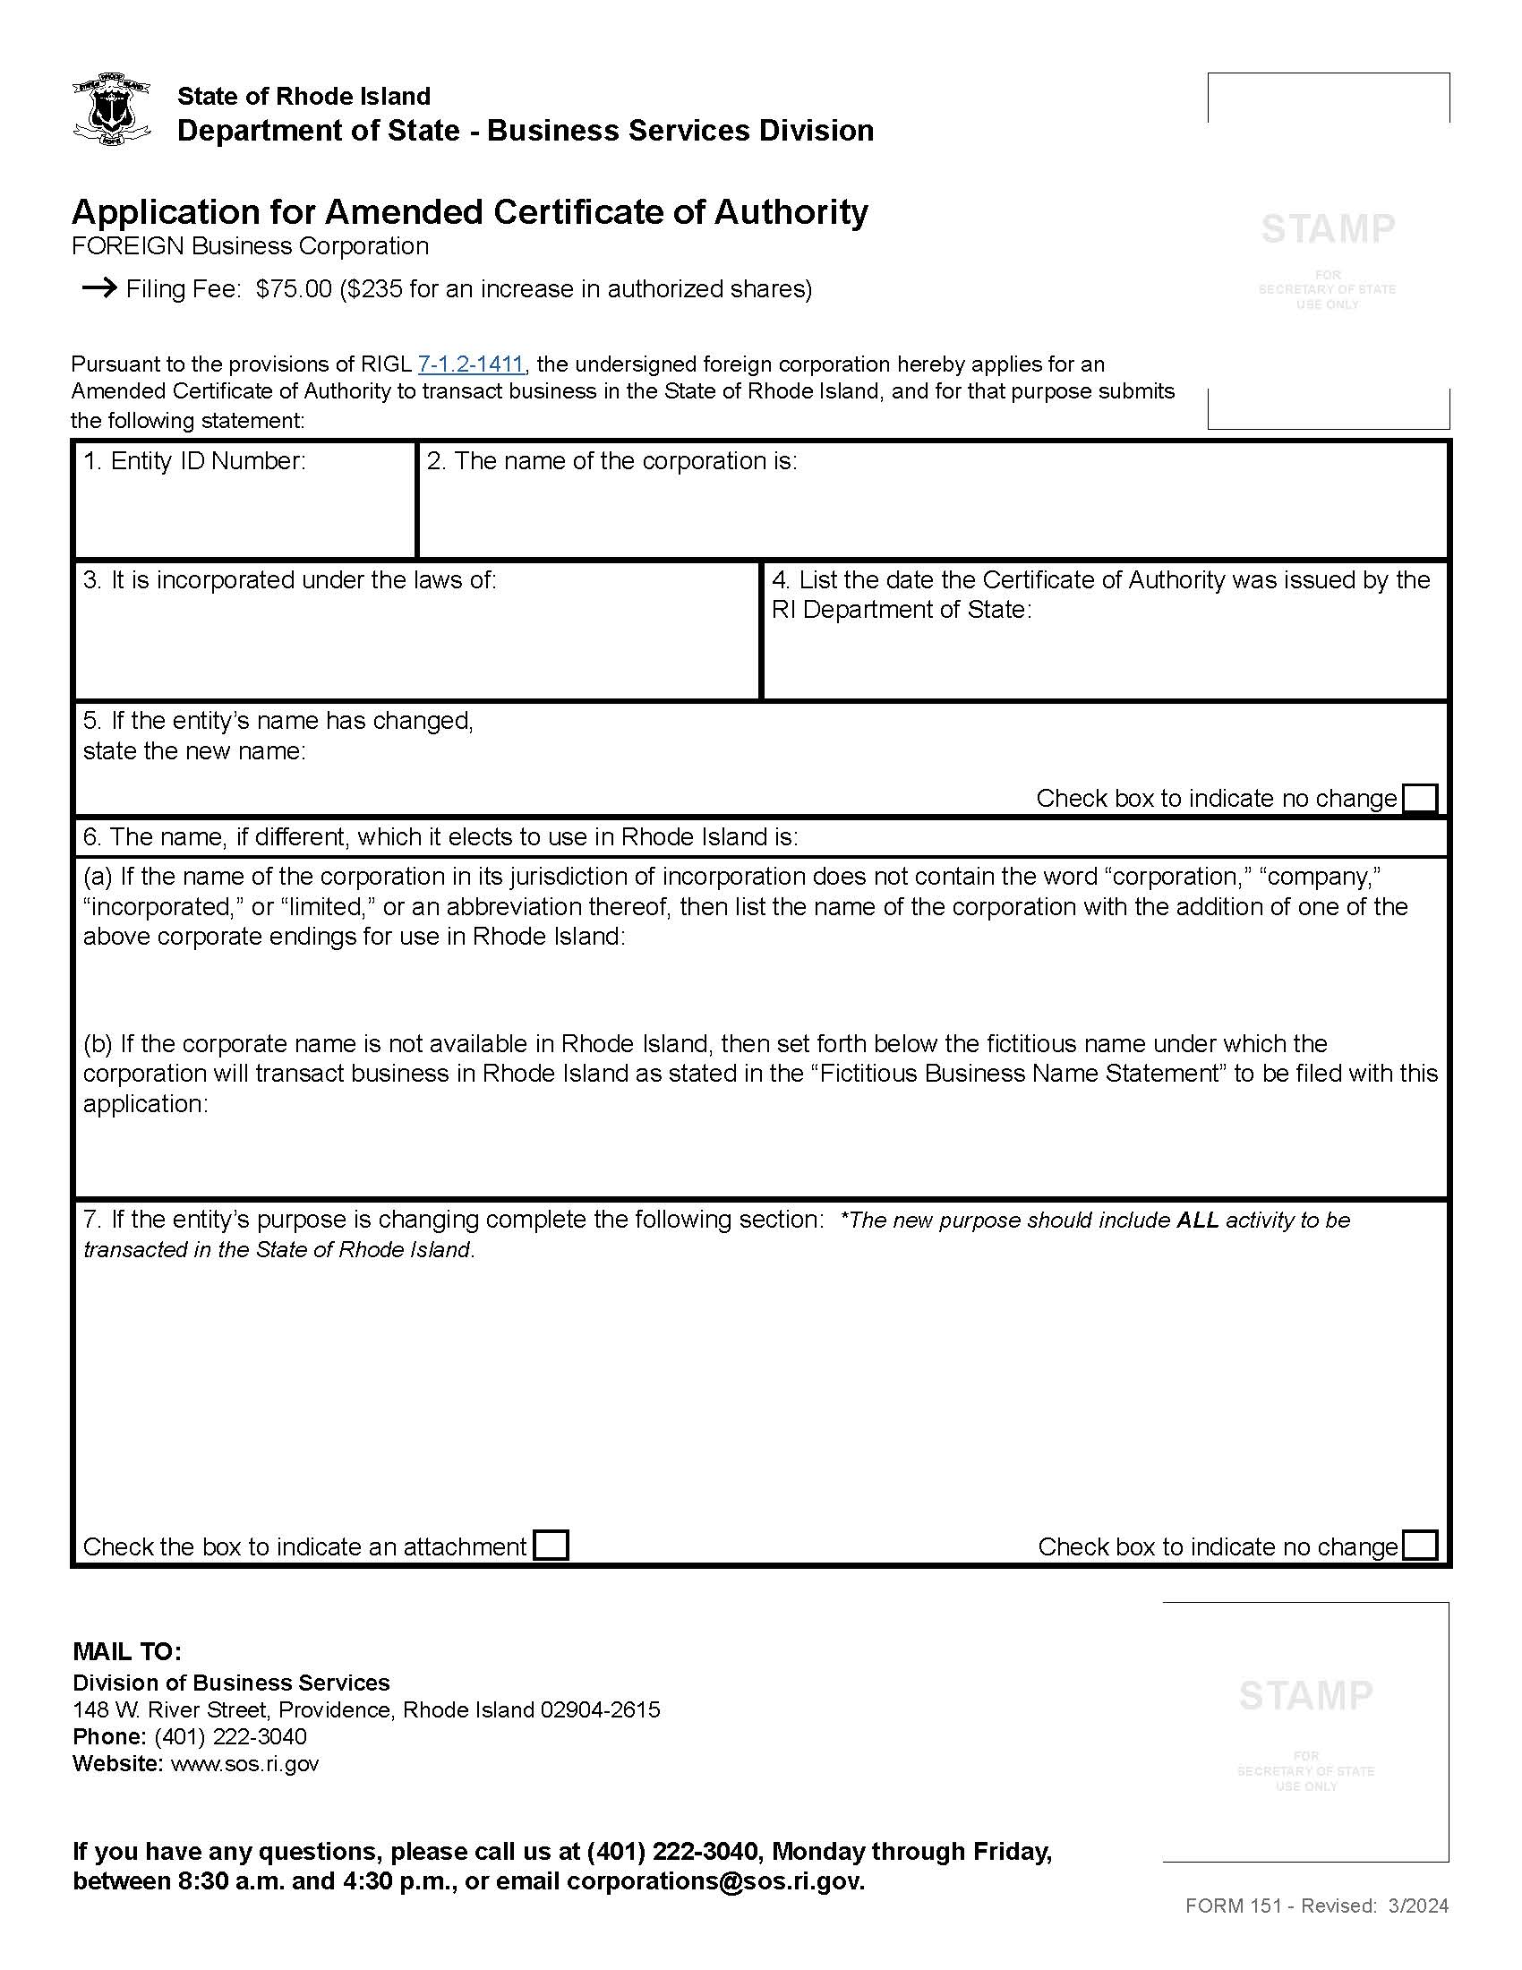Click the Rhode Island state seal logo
pos(110,109)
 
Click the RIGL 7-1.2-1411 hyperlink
pos(471,364)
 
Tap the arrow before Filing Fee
pos(99,287)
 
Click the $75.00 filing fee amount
pos(294,288)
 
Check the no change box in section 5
pos(1421,798)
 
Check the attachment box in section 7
pos(551,1546)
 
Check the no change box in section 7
pos(1421,1546)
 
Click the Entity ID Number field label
pos(195,461)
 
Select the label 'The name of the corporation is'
pos(612,461)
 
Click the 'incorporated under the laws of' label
pos(289,580)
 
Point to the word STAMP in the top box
pos(1327,229)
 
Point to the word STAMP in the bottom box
pos(1305,1696)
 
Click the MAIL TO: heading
pos(127,1651)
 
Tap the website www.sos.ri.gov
pos(244,1763)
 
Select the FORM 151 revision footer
pos(1316,1905)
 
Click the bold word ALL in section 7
pos(1197,1221)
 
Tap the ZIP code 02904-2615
pos(601,1709)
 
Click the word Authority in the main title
pos(790,212)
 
